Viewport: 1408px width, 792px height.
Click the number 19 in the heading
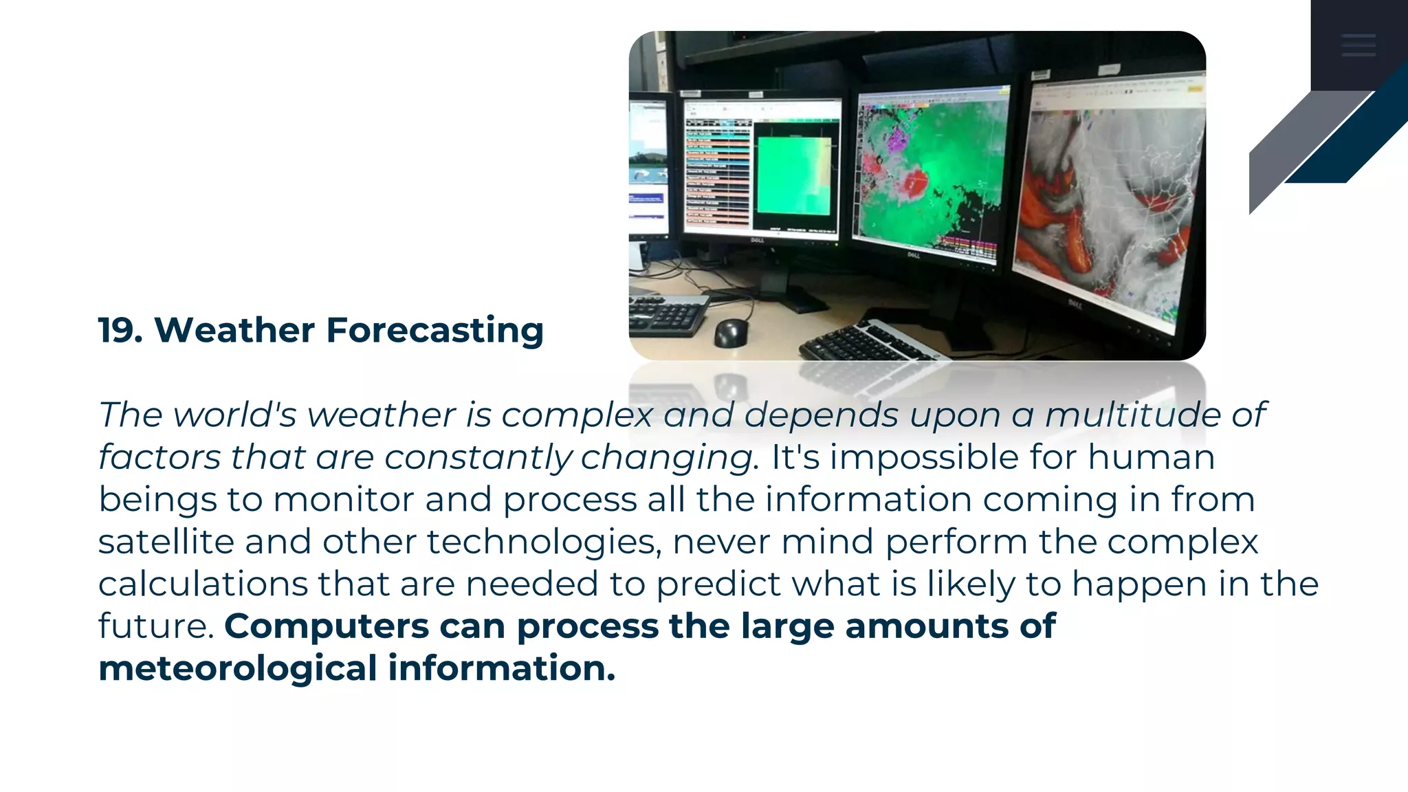pyautogui.click(x=118, y=330)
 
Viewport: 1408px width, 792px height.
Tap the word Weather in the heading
pyautogui.click(x=234, y=330)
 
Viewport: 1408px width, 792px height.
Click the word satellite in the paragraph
pyautogui.click(x=166, y=542)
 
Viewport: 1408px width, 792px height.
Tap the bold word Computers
pyautogui.click(x=327, y=627)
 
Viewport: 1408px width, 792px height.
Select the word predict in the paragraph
pyautogui.click(x=718, y=585)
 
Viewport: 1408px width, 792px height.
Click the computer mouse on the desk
pyautogui.click(x=731, y=333)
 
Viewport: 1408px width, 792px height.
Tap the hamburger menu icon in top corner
pyautogui.click(x=1358, y=45)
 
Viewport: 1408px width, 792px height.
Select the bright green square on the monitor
pyautogui.click(x=793, y=175)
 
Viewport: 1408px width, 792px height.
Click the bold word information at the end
pyautogui.click(x=501, y=669)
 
